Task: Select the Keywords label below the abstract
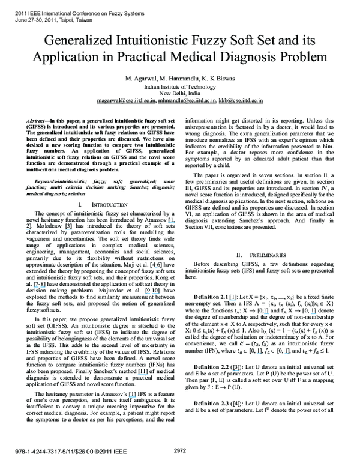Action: (x=48, y=180)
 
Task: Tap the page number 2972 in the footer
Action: (x=181, y=450)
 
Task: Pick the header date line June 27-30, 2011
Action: (x=46, y=19)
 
